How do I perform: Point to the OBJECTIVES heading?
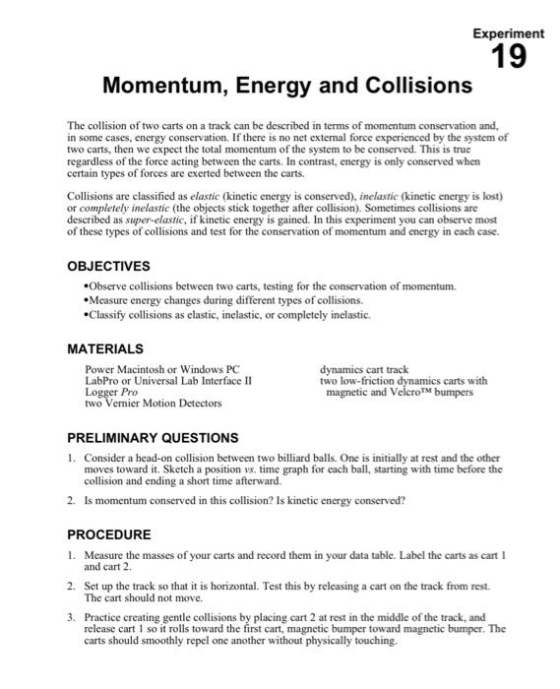click(x=108, y=266)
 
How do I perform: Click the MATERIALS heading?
click(x=105, y=348)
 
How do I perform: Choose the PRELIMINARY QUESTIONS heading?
click(x=152, y=437)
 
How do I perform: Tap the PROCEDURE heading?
click(x=109, y=534)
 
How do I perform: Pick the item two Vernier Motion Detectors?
click(x=153, y=403)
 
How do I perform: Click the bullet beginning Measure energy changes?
click(x=223, y=300)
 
